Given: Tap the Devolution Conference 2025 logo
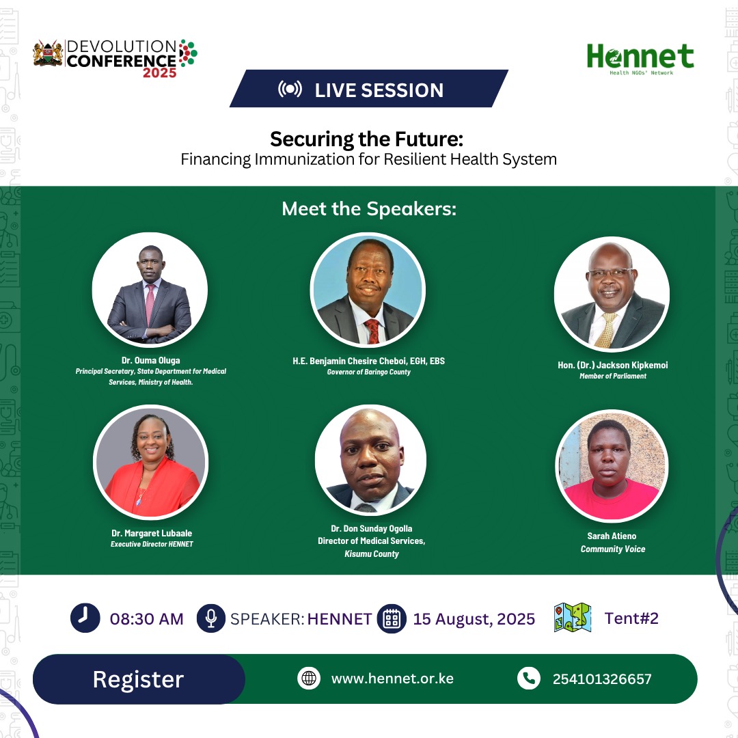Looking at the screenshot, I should (115, 58).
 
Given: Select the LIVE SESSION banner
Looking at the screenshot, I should (369, 90).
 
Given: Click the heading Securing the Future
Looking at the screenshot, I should (366, 139).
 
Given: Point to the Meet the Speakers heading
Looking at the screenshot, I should (369, 209).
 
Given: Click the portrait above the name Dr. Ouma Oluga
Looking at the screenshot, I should (150, 290).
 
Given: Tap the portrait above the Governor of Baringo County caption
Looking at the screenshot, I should (368, 290).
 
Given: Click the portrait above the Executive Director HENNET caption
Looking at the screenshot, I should (150, 462).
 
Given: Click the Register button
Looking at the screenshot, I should (139, 679).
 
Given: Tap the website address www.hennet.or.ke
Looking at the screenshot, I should (392, 679).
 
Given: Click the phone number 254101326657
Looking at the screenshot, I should (602, 679).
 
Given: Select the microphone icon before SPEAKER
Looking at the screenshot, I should (210, 618).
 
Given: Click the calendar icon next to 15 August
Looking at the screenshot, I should (392, 618).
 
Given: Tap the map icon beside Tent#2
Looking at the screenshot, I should (573, 617).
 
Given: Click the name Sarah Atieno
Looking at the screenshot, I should (612, 536).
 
